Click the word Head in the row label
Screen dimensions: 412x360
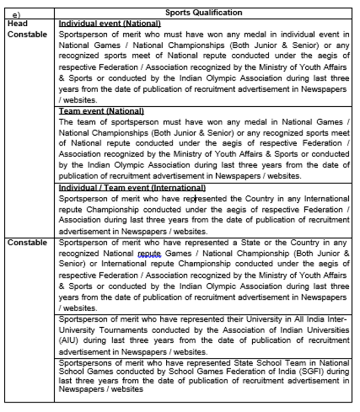[17, 24]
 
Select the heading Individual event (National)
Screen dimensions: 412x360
[109, 24]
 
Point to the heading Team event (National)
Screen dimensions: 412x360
[101, 111]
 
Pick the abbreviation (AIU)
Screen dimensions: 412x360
[70, 341]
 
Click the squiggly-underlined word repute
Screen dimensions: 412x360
[150, 253]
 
